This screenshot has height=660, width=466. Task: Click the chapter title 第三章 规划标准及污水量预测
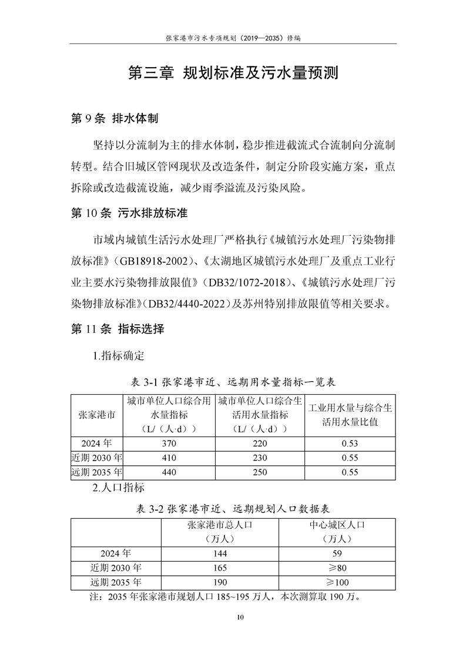[233, 74]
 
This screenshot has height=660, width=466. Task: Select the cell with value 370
[169, 443]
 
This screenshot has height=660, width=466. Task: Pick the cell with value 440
[169, 471]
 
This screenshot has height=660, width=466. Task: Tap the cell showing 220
[260, 443]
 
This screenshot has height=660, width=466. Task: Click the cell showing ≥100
[338, 582]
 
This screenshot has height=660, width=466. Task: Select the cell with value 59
[338, 554]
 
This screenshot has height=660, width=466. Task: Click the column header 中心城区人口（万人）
[338, 532]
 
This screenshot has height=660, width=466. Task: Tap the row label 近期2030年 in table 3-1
[96, 457]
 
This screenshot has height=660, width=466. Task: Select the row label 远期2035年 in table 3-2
[116, 582]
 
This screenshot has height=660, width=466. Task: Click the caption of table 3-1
[233, 382]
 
